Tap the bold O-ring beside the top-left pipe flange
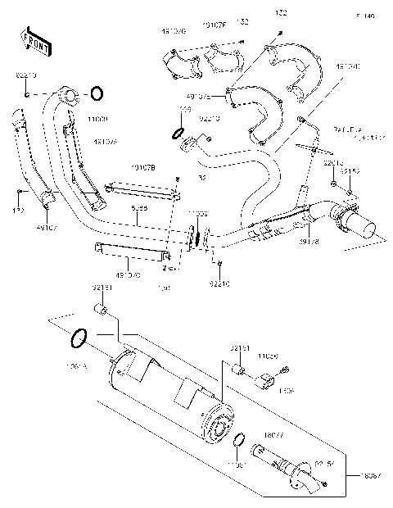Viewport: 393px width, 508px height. tap(96, 93)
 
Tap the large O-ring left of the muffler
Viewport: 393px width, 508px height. tap(79, 337)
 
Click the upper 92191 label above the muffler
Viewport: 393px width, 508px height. tap(102, 288)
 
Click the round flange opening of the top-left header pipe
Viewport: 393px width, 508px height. tap(69, 98)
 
